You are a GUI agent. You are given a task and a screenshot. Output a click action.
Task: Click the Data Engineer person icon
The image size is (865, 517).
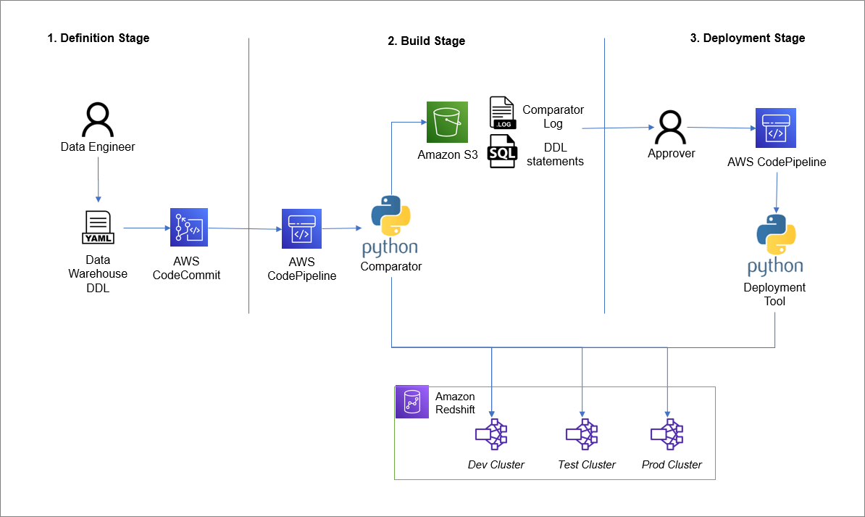[98, 120]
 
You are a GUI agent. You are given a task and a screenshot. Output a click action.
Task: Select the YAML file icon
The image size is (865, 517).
[98, 228]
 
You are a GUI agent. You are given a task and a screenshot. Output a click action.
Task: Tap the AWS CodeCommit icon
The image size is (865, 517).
[188, 228]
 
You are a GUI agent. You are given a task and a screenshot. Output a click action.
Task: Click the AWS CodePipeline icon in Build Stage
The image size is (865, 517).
[301, 229]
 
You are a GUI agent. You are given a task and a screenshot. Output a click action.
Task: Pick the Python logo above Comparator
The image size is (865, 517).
[391, 218]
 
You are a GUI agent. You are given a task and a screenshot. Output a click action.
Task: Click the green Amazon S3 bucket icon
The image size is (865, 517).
[447, 122]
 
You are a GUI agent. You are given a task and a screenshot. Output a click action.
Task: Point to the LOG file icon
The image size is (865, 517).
[502, 113]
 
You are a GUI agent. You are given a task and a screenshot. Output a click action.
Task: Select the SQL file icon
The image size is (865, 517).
[502, 152]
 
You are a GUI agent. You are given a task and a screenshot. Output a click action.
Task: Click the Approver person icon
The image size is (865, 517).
[670, 128]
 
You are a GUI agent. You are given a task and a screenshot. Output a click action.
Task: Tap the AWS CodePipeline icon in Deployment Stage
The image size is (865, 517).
[775, 128]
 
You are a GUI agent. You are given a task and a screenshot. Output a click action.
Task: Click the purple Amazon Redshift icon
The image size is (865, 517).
[412, 402]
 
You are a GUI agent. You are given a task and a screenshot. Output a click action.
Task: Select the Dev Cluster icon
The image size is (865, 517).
[491, 434]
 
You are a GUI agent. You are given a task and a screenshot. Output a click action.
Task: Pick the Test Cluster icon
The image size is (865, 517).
[582, 434]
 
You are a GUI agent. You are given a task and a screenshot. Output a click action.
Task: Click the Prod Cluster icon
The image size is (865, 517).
[667, 434]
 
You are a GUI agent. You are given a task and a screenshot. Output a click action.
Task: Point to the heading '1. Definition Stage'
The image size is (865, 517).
[99, 38]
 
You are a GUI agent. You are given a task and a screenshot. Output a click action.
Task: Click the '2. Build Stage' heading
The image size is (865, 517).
[427, 41]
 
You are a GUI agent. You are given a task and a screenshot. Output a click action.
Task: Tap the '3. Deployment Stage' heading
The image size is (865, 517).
[747, 38]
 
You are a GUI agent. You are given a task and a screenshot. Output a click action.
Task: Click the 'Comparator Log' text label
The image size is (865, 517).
[553, 117]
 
